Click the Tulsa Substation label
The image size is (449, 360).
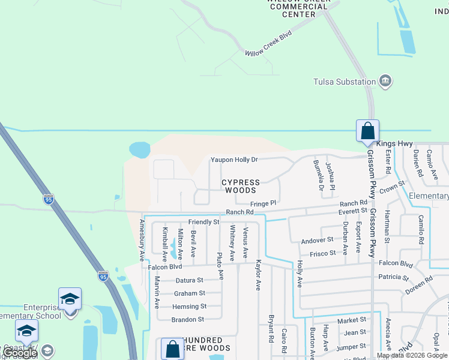coord(344,82)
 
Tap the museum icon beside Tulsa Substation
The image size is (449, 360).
coord(385,81)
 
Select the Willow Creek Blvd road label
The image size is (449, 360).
coord(268,44)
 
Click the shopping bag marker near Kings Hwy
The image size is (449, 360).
coord(367,130)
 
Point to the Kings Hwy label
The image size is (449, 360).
coord(395,144)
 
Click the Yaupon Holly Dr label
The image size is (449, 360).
coord(234,160)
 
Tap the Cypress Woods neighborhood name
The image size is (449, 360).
coord(241,186)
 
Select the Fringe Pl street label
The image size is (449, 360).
coord(262,203)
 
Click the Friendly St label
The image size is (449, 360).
coord(203,222)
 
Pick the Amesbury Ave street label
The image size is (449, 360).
coord(142,240)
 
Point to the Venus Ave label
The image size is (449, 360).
coord(245,242)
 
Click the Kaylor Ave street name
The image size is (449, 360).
coord(258,275)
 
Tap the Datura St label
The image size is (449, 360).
coord(189,280)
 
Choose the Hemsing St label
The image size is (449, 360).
coord(189,307)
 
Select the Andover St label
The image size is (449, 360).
coord(313,241)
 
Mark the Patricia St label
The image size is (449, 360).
coord(393,277)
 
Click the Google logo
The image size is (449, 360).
coord(20,353)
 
